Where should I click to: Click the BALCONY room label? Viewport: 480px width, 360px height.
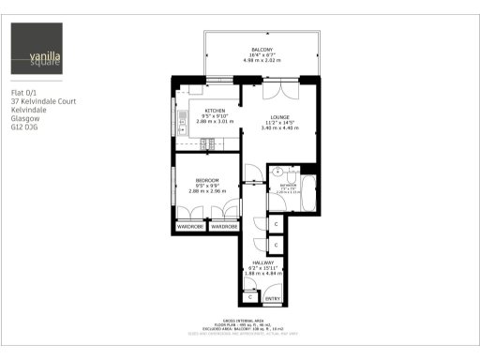[262, 49]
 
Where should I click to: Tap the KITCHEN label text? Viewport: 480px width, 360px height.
[203, 110]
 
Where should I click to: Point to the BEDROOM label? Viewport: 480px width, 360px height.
[206, 180]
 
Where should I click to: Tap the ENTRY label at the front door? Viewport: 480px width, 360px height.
[273, 298]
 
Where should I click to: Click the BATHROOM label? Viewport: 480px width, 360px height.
[288, 186]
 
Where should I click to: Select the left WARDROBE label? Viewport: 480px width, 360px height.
[189, 227]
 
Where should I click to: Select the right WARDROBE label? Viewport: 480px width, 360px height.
[223, 227]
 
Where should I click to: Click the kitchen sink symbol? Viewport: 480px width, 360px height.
[187, 91]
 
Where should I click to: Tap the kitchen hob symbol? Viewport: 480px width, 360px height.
[208, 142]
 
